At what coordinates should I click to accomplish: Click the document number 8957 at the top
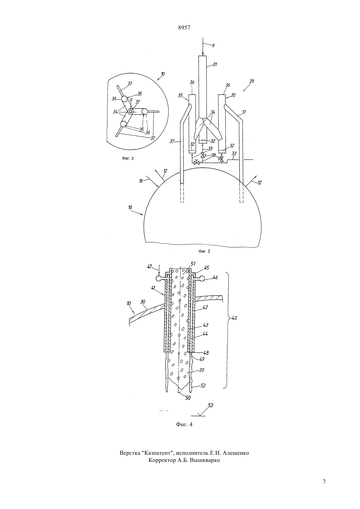184,28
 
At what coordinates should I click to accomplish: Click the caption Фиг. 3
128,158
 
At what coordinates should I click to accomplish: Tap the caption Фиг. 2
204,251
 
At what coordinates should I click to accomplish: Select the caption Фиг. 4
184,424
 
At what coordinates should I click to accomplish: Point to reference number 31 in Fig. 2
215,64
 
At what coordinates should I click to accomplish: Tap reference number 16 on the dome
141,181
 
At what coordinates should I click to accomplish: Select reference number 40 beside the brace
234,318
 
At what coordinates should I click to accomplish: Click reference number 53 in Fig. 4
210,405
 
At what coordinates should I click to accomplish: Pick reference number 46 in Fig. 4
215,277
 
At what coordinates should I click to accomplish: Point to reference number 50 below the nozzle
188,398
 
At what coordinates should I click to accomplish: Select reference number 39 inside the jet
201,370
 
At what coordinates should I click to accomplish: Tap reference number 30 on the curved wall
143,301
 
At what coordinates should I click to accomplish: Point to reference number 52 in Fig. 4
203,386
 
